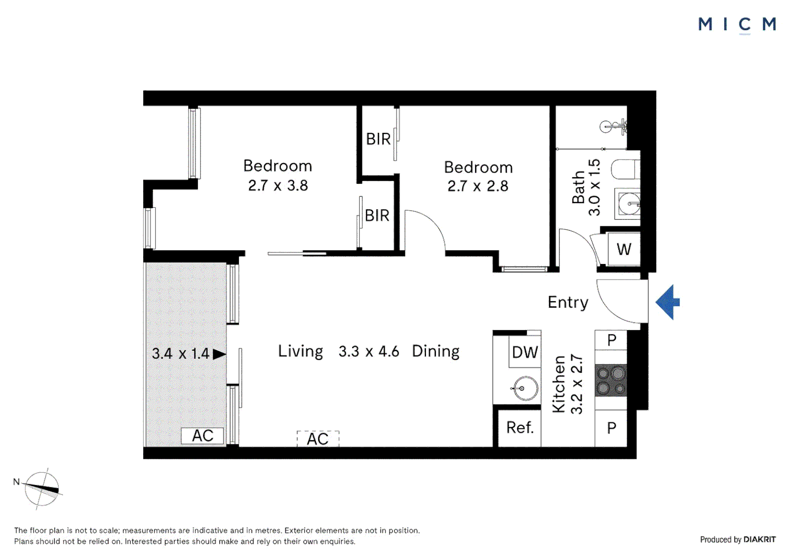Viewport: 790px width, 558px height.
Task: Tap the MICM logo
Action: pos(737,24)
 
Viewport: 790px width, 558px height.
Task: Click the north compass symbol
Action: pos(42,488)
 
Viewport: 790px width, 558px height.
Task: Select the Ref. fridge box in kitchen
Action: pos(520,428)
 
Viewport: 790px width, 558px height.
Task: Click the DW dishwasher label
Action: pos(525,352)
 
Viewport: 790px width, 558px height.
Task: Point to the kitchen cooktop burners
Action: pos(611,380)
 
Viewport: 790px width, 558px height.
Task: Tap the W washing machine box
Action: pos(624,250)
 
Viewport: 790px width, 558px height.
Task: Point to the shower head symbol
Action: pos(613,126)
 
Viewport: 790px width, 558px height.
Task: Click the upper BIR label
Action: pos(378,139)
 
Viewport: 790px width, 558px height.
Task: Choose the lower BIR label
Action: pos(377,215)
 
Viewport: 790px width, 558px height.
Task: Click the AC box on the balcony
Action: pos(203,436)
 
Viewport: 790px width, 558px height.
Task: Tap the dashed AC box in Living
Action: pos(317,439)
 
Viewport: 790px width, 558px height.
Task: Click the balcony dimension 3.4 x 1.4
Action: pos(180,354)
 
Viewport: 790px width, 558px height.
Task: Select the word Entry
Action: pos(568,302)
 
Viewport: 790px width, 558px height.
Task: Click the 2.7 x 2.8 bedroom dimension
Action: pos(478,186)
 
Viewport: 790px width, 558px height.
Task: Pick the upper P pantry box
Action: pos(612,340)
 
